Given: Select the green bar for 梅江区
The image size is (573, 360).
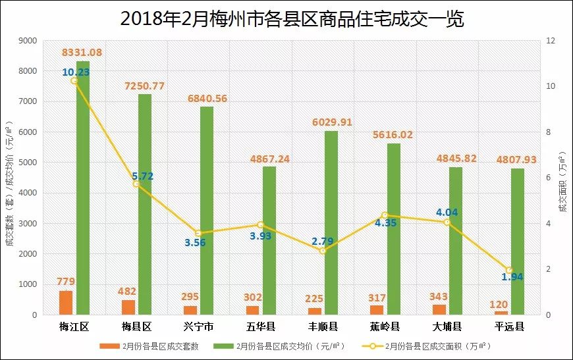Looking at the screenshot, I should point(83,188).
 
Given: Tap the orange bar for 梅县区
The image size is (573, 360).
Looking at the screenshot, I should point(128,307).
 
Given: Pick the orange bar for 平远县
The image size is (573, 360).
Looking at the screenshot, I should point(501,313).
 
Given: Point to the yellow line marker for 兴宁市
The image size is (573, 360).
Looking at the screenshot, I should point(198,233).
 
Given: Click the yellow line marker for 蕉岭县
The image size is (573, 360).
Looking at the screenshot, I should point(385,215).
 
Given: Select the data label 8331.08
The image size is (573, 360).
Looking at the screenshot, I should point(82,52).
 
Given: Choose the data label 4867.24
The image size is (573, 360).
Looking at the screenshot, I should point(269,159).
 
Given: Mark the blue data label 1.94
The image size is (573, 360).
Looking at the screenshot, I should point(512,277).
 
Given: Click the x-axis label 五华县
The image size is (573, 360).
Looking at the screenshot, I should point(261,326).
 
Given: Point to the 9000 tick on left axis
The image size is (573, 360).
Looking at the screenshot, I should point(28,41).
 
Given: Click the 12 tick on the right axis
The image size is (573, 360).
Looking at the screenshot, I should point(551,41).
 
